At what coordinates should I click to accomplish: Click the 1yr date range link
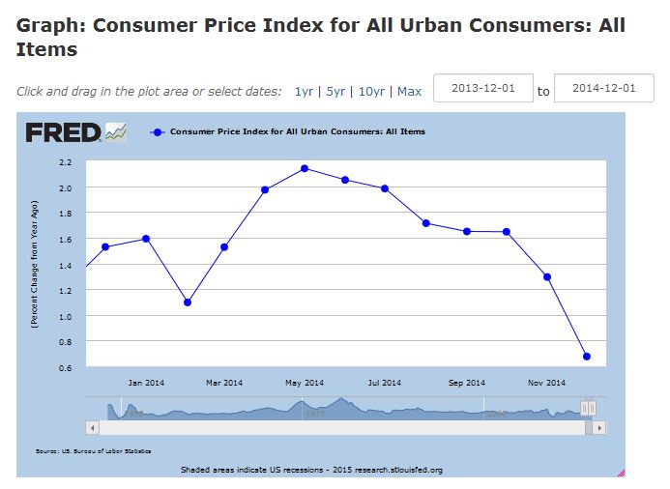coord(304,92)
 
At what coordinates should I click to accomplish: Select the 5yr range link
coord(335,92)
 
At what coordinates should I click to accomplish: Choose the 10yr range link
coord(371,92)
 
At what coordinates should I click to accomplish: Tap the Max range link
coord(409,92)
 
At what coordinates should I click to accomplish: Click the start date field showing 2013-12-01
coord(483,89)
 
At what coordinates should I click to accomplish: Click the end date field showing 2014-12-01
coord(604,89)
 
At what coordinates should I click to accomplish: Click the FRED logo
coord(64,132)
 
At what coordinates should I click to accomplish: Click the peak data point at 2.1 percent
coord(305,168)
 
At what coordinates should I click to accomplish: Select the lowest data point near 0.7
coord(587,357)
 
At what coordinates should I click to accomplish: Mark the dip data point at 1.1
coord(187,302)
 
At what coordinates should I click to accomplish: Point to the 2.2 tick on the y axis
coord(66,162)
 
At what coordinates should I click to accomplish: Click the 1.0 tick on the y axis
coord(66,317)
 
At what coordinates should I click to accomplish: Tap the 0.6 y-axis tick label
coord(66,368)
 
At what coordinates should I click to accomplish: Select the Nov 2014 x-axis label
coord(548,383)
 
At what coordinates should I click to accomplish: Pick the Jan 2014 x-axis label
coord(146,383)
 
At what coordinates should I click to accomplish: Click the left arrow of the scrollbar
coord(93,426)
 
